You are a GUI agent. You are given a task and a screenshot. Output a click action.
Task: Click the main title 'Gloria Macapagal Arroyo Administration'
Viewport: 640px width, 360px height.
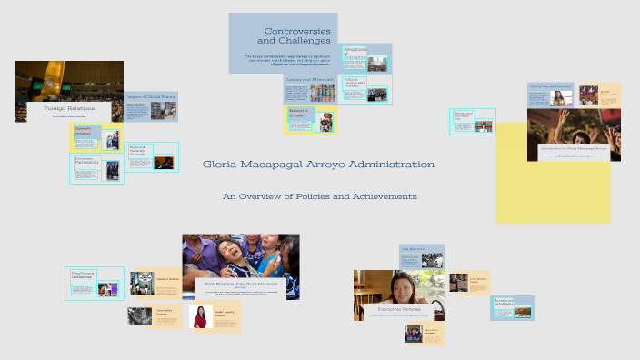click(319, 165)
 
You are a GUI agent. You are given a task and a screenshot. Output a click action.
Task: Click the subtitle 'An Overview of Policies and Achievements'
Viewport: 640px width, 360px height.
click(319, 196)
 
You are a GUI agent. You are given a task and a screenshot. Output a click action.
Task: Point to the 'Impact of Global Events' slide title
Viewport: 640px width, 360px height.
click(151, 96)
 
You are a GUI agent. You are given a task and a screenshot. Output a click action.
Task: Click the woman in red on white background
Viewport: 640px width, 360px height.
click(200, 316)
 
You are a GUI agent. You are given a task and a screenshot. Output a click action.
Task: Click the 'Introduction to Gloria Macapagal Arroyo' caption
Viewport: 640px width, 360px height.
click(573, 146)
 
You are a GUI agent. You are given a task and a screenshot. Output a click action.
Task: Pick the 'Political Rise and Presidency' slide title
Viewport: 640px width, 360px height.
click(549, 87)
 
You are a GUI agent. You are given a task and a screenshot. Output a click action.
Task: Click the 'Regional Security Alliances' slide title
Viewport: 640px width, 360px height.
click(139, 152)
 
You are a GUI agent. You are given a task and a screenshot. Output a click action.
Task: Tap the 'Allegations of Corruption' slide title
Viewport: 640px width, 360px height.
click(354, 53)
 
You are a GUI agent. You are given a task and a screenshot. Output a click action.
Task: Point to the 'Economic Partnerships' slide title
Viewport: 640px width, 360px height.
click(85, 163)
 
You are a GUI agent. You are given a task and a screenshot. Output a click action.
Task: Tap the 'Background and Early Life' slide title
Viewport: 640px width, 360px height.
click(464, 117)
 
